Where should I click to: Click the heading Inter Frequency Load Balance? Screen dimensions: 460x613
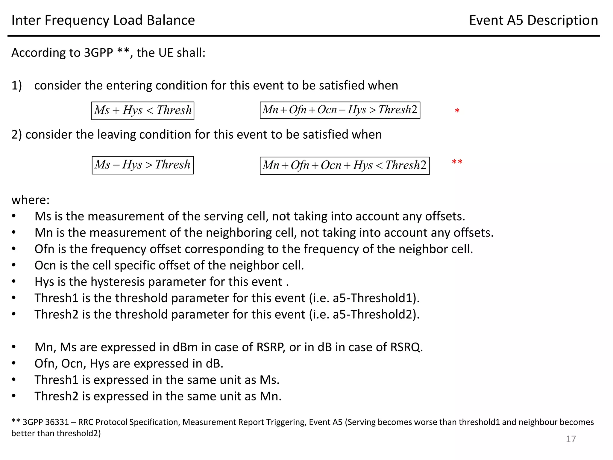(103, 20)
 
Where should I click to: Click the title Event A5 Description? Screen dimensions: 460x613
(533, 20)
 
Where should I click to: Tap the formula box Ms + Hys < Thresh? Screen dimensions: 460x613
(143, 111)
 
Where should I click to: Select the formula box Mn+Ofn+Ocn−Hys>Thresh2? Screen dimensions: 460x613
(340, 110)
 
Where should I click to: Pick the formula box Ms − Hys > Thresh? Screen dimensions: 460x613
(143, 165)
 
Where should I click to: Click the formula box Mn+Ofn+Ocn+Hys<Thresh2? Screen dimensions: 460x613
(345, 165)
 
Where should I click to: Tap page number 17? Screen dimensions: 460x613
(570, 439)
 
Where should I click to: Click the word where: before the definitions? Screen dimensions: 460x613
(31, 200)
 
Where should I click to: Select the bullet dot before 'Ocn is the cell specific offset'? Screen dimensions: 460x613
(14, 265)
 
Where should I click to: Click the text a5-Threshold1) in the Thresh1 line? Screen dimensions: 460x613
(376, 298)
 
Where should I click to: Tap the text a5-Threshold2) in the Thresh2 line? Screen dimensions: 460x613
(376, 314)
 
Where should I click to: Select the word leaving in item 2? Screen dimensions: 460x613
(115, 134)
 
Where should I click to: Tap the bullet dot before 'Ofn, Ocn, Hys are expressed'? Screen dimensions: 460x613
(14, 364)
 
